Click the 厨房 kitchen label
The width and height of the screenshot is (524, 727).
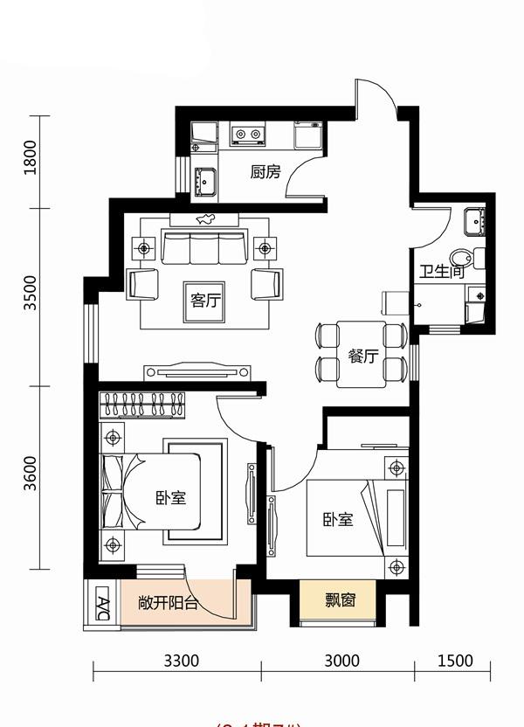(265, 172)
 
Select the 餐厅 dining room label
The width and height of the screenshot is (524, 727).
(362, 357)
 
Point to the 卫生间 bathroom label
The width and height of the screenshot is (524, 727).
(440, 271)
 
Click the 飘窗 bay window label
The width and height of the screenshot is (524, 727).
(340, 600)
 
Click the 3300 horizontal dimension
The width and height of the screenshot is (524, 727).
(182, 661)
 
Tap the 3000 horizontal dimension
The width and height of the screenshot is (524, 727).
(341, 661)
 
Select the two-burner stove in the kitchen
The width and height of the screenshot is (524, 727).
(247, 135)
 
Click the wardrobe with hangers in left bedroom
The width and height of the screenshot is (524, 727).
(145, 405)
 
